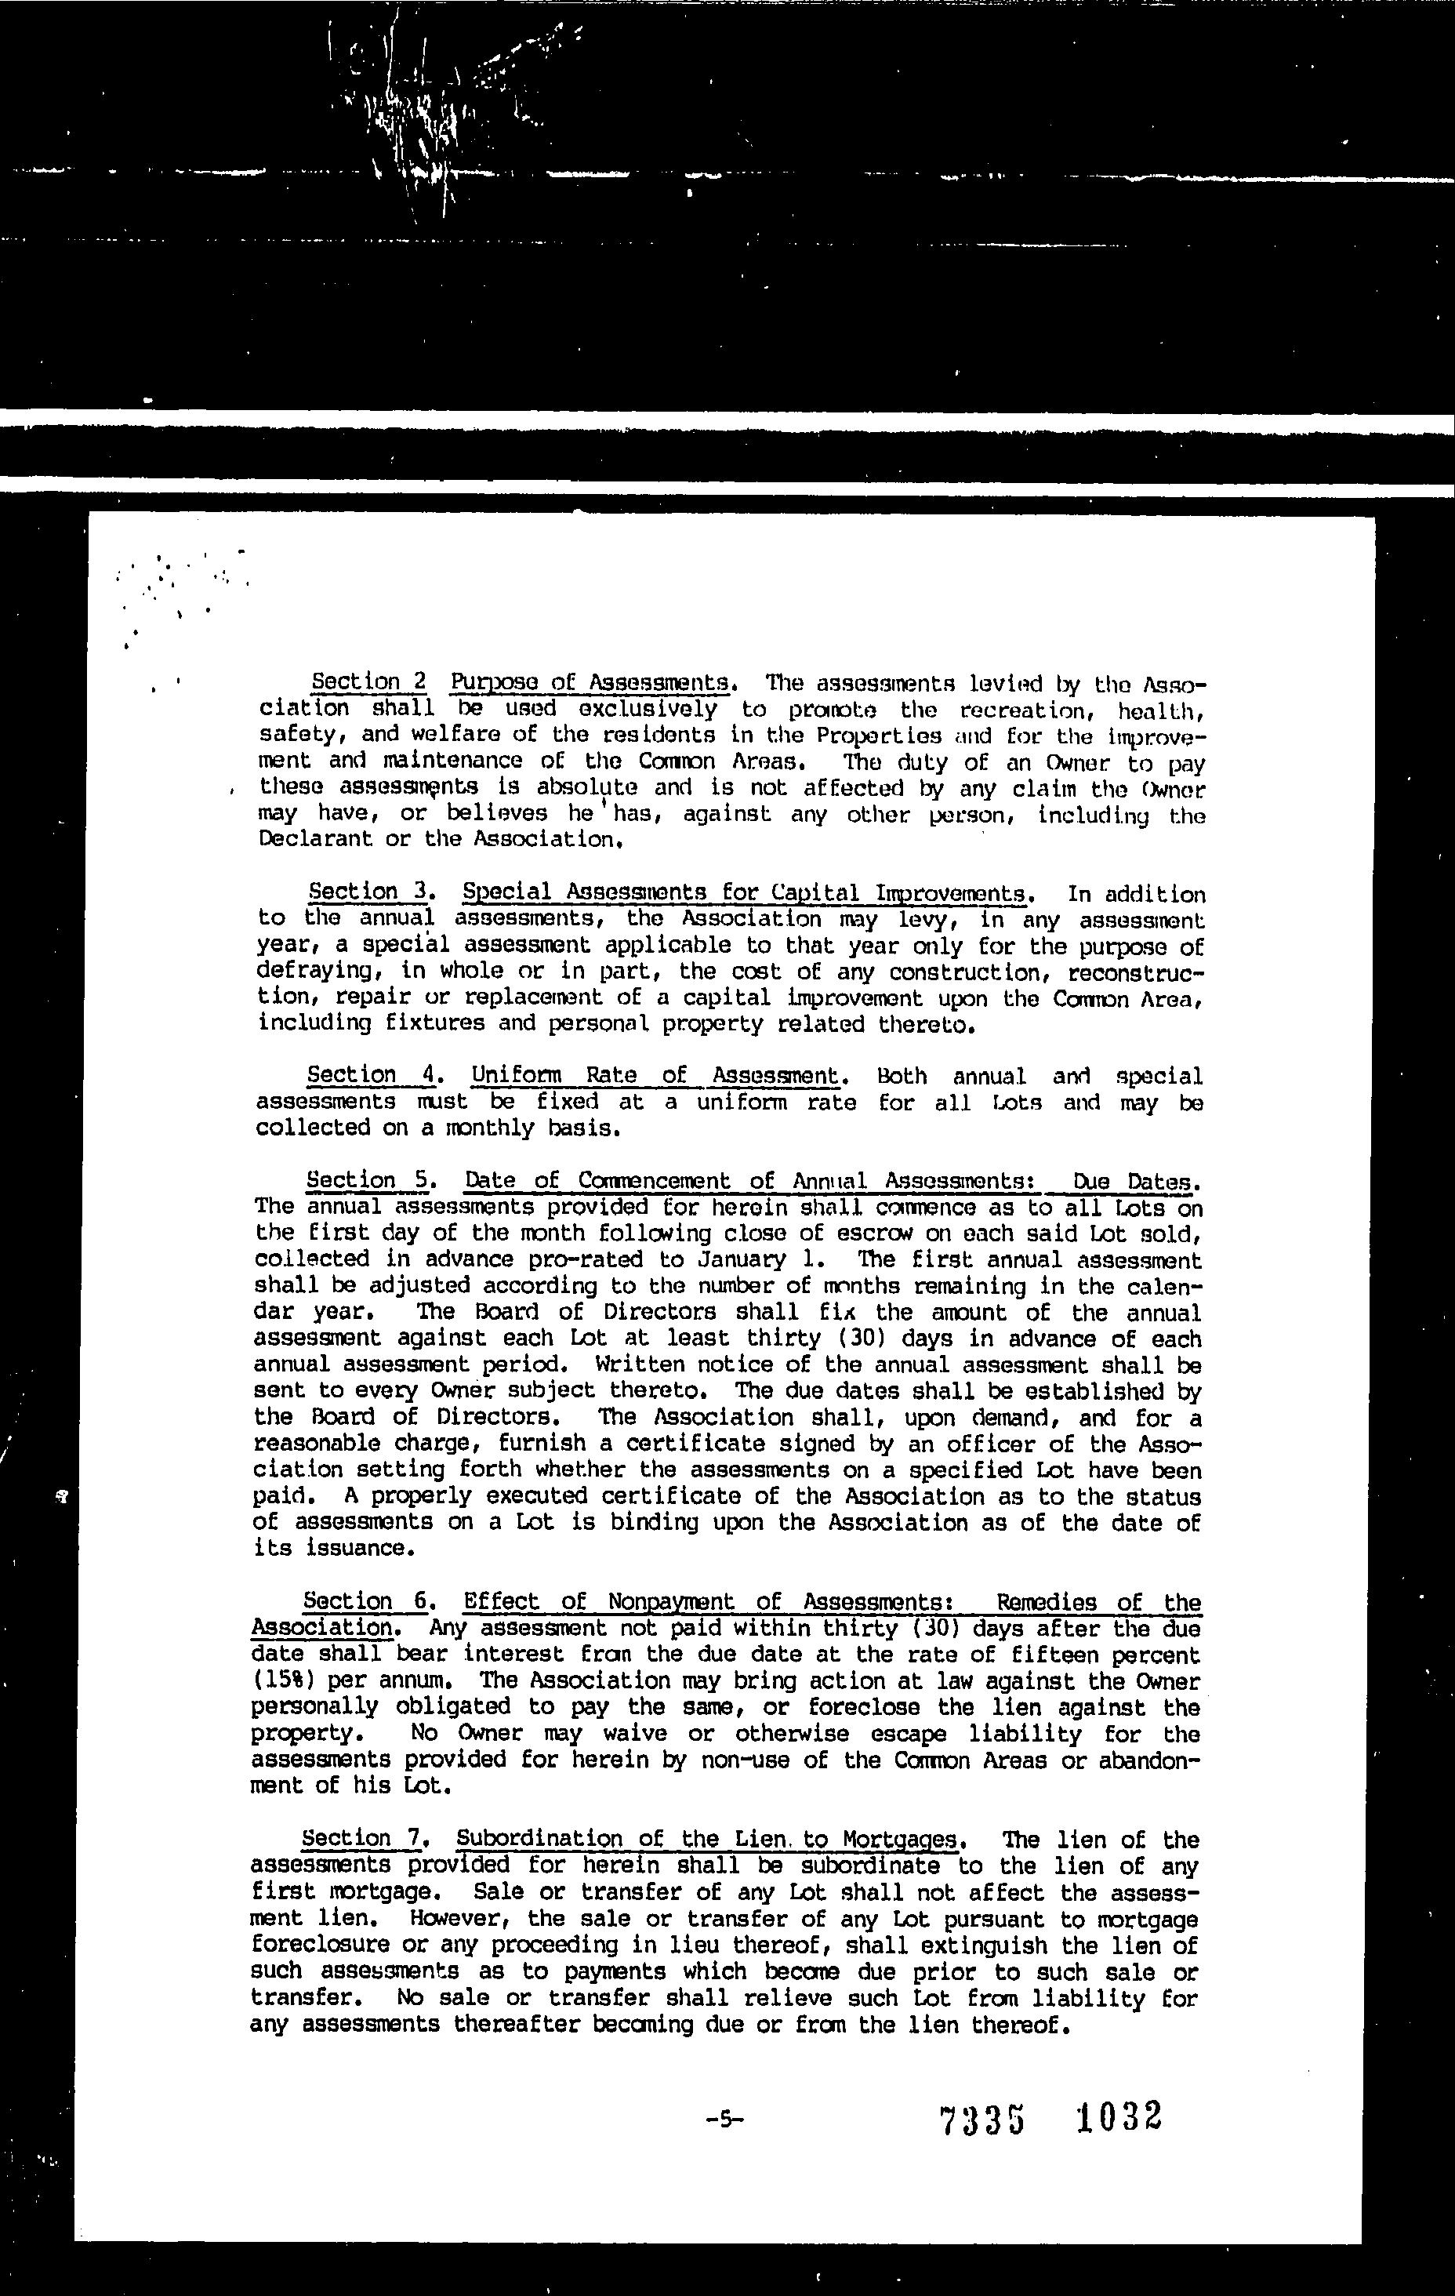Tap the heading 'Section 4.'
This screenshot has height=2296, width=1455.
371,1076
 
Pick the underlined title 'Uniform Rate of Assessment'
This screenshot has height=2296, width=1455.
658,1077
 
